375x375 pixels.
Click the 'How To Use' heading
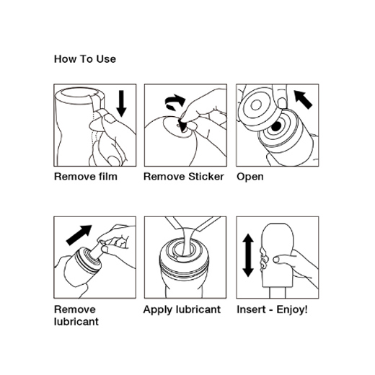coord(85,59)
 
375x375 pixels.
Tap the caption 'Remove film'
coord(86,177)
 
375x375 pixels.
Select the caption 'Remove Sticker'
coord(184,177)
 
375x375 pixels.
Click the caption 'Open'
coord(250,177)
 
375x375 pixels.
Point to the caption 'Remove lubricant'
coord(76,315)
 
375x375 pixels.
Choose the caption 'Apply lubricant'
coord(182,309)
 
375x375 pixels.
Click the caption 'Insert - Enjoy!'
coord(272,309)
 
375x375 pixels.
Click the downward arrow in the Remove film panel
coord(121,103)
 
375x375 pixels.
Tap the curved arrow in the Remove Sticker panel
coord(175,102)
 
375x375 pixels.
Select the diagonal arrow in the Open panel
coord(303,100)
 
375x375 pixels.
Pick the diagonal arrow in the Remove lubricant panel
coord(79,235)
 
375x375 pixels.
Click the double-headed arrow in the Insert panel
coord(248,255)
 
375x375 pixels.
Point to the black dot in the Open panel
coord(276,126)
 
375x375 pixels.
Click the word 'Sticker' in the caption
coord(206,177)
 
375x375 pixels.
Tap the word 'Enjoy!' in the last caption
coord(292,309)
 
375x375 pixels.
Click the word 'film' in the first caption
coord(108,177)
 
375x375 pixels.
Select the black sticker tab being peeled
coord(183,125)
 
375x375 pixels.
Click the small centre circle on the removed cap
coord(256,105)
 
